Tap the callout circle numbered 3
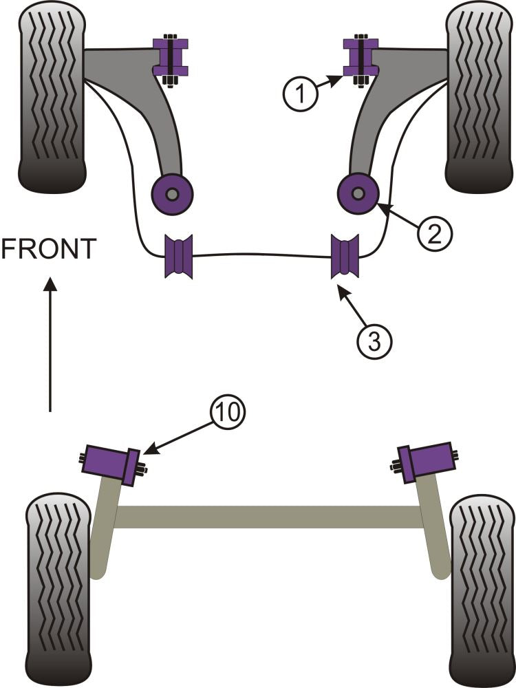click(374, 340)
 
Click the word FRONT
click(48, 249)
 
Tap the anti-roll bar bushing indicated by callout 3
click(345, 256)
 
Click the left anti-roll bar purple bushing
click(179, 256)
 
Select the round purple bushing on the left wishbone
click(173, 194)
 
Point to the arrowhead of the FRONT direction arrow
click(49, 283)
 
